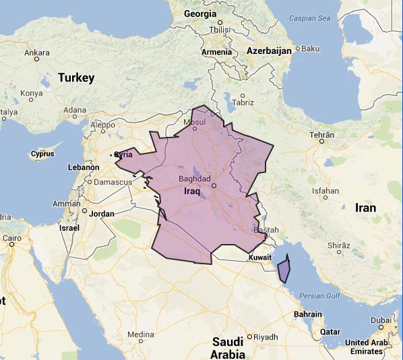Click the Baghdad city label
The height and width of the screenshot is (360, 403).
pyautogui.click(x=195, y=179)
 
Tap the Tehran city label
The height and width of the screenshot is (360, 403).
pyautogui.click(x=321, y=135)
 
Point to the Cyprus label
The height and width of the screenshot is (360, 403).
pyautogui.click(x=42, y=154)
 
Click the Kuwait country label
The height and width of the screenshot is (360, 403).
pyautogui.click(x=259, y=258)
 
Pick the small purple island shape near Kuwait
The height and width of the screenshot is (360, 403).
pyautogui.click(x=284, y=269)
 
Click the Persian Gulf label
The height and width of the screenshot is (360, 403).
pyautogui.click(x=321, y=295)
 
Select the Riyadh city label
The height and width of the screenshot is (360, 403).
pyautogui.click(x=265, y=336)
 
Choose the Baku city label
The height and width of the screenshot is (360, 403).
pyautogui.click(x=310, y=49)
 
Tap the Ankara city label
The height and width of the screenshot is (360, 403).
pyautogui.click(x=36, y=52)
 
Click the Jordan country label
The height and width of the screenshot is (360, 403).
pyautogui.click(x=101, y=214)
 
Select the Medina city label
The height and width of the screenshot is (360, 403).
pyautogui.click(x=140, y=334)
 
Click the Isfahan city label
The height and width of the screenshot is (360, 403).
pyautogui.click(x=325, y=191)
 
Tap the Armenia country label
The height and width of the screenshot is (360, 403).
pyautogui.click(x=216, y=53)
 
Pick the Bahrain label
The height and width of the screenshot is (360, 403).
pyautogui.click(x=308, y=314)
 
